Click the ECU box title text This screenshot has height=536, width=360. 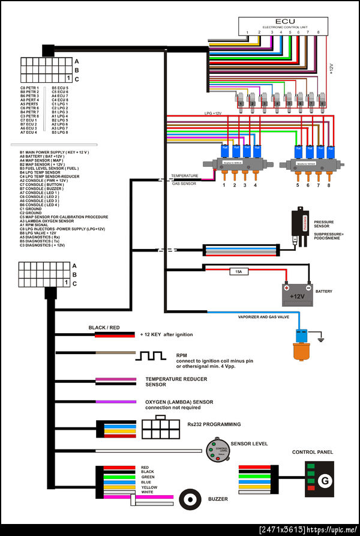tap(281, 20)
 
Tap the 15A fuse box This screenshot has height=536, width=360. tap(238, 272)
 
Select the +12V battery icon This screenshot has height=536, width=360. tap(298, 294)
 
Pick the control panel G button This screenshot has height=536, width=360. tap(325, 480)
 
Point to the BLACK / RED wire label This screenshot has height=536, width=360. tap(104, 328)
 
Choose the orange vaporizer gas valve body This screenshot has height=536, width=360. tap(300, 350)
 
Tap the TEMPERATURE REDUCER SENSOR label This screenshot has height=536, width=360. tap(176, 382)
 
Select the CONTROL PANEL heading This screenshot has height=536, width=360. tap(312, 452)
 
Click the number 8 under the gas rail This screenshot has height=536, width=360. tap(329, 185)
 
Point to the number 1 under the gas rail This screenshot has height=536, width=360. tap(224, 185)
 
